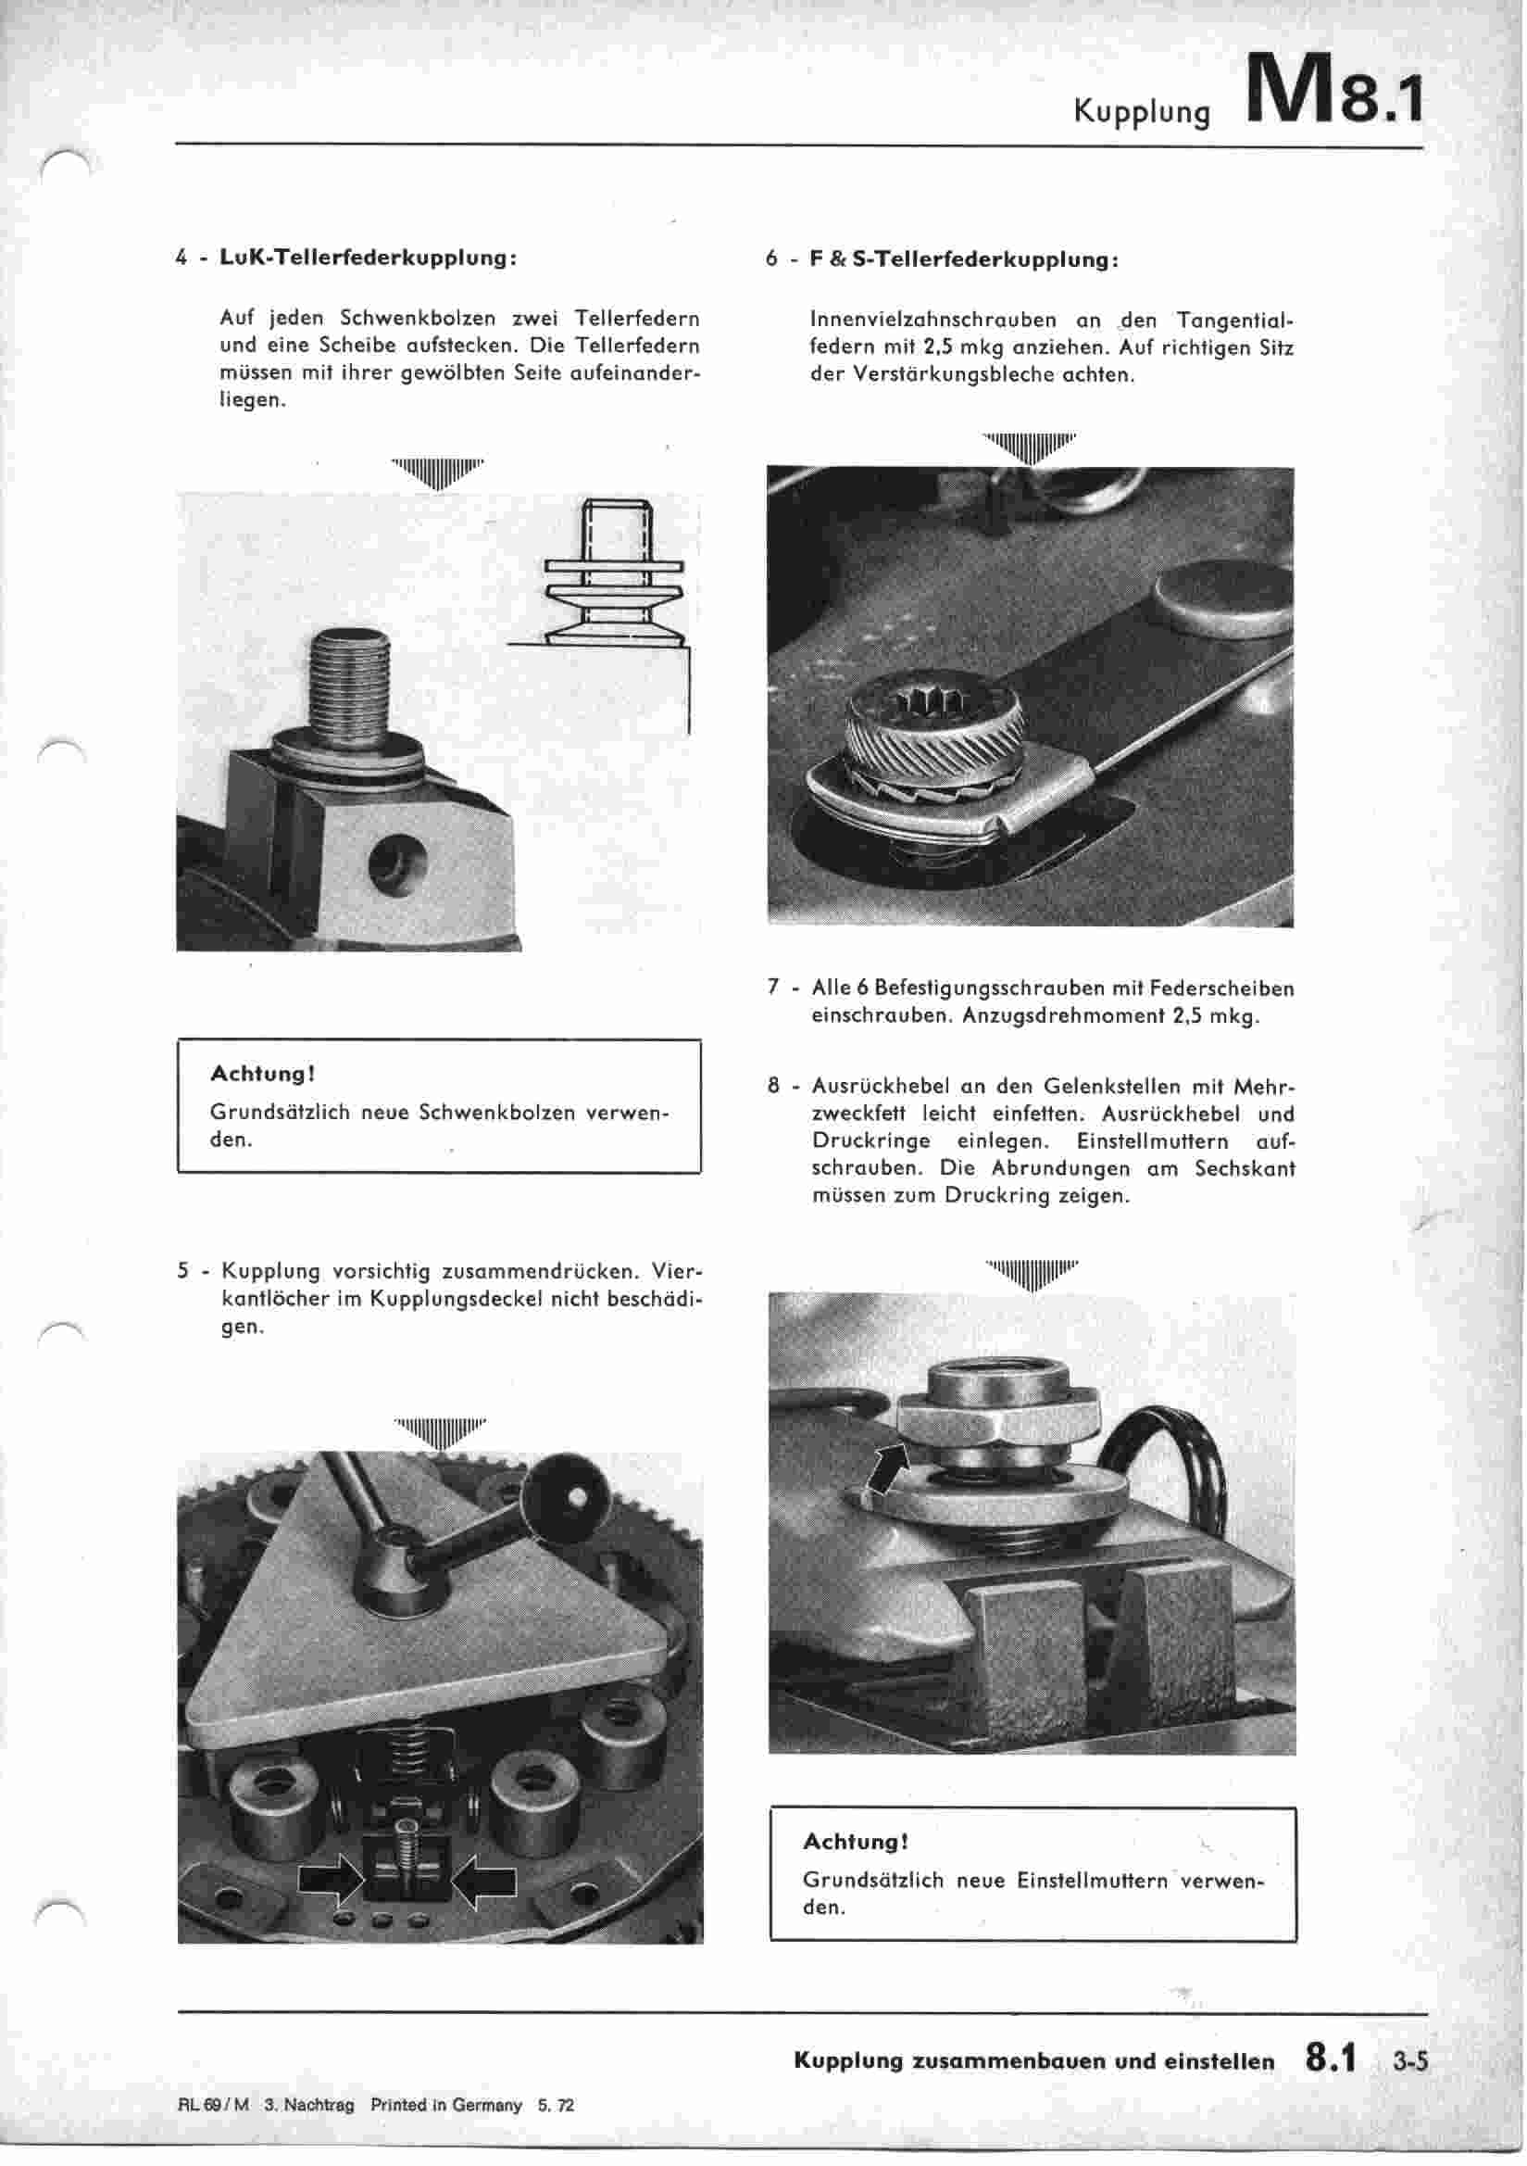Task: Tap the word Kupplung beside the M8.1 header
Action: [1141, 112]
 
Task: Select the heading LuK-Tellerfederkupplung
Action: [368, 258]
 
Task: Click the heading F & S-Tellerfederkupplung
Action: [964, 259]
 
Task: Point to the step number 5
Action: [183, 1271]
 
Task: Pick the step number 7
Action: [773, 988]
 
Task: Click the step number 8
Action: [773, 1086]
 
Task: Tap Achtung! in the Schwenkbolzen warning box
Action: [262, 1074]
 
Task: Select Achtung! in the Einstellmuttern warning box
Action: [856, 1841]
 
